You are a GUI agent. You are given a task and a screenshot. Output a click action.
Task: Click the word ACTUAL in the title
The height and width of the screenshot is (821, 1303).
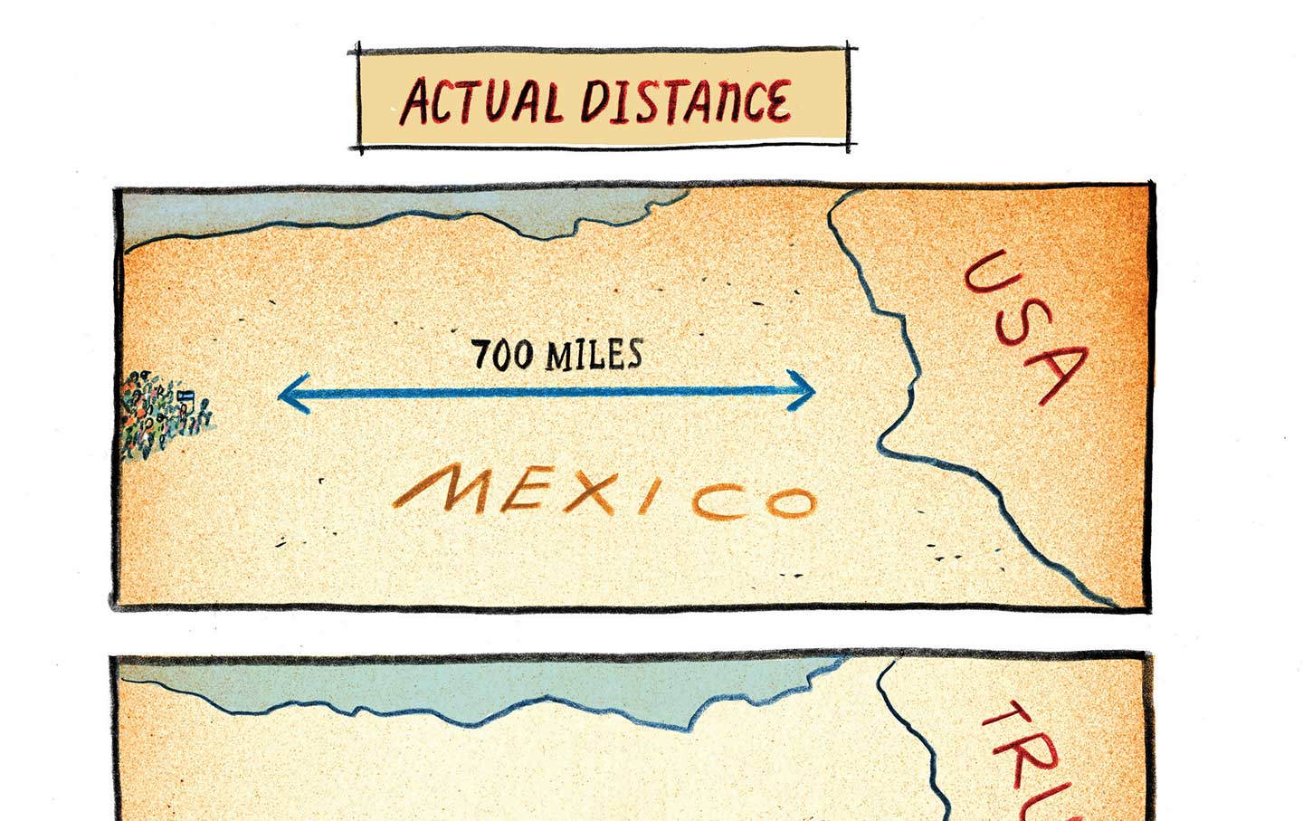(480, 100)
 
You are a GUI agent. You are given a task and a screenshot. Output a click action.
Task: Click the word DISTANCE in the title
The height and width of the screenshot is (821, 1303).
(685, 100)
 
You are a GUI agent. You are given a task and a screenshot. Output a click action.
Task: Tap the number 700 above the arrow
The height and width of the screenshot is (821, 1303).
(504, 354)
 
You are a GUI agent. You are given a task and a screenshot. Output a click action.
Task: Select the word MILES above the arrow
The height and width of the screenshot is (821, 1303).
(594, 354)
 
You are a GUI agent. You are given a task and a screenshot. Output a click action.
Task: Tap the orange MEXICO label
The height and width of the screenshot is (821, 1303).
(604, 496)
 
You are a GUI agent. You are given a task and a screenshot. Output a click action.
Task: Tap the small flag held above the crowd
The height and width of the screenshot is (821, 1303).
(185, 396)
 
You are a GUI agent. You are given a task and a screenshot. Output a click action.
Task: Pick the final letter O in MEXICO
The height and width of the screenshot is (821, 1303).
(788, 501)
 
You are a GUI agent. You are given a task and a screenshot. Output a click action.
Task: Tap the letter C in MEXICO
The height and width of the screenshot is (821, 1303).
(716, 503)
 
